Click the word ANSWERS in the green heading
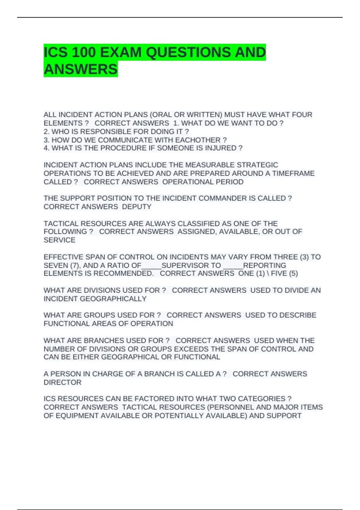click(x=81, y=69)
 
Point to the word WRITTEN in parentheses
click(x=204, y=115)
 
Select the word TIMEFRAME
click(x=293, y=173)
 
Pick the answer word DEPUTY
click(x=136, y=207)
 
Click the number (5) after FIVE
click(x=293, y=273)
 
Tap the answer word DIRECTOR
click(x=62, y=382)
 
